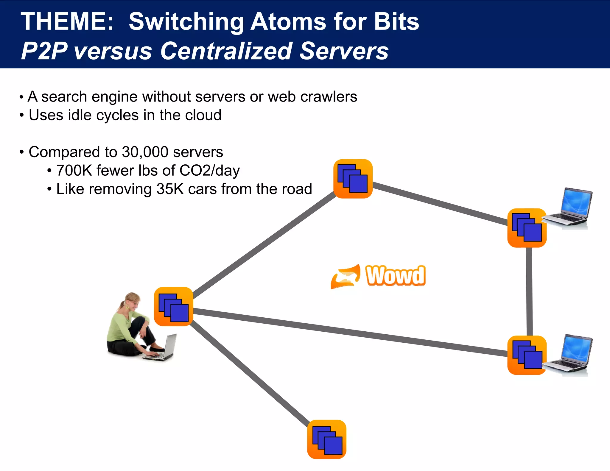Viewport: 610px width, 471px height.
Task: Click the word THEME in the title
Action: (x=67, y=21)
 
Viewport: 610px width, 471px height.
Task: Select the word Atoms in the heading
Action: (x=288, y=21)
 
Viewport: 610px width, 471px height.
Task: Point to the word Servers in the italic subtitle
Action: (x=344, y=51)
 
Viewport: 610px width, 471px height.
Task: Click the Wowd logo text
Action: (x=395, y=276)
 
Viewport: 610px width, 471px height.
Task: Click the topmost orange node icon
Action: (x=353, y=179)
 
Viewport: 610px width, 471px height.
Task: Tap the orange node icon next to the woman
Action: (x=174, y=306)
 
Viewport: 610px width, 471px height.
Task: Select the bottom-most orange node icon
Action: (x=327, y=439)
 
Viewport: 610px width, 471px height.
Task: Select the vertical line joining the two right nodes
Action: (x=529, y=292)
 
